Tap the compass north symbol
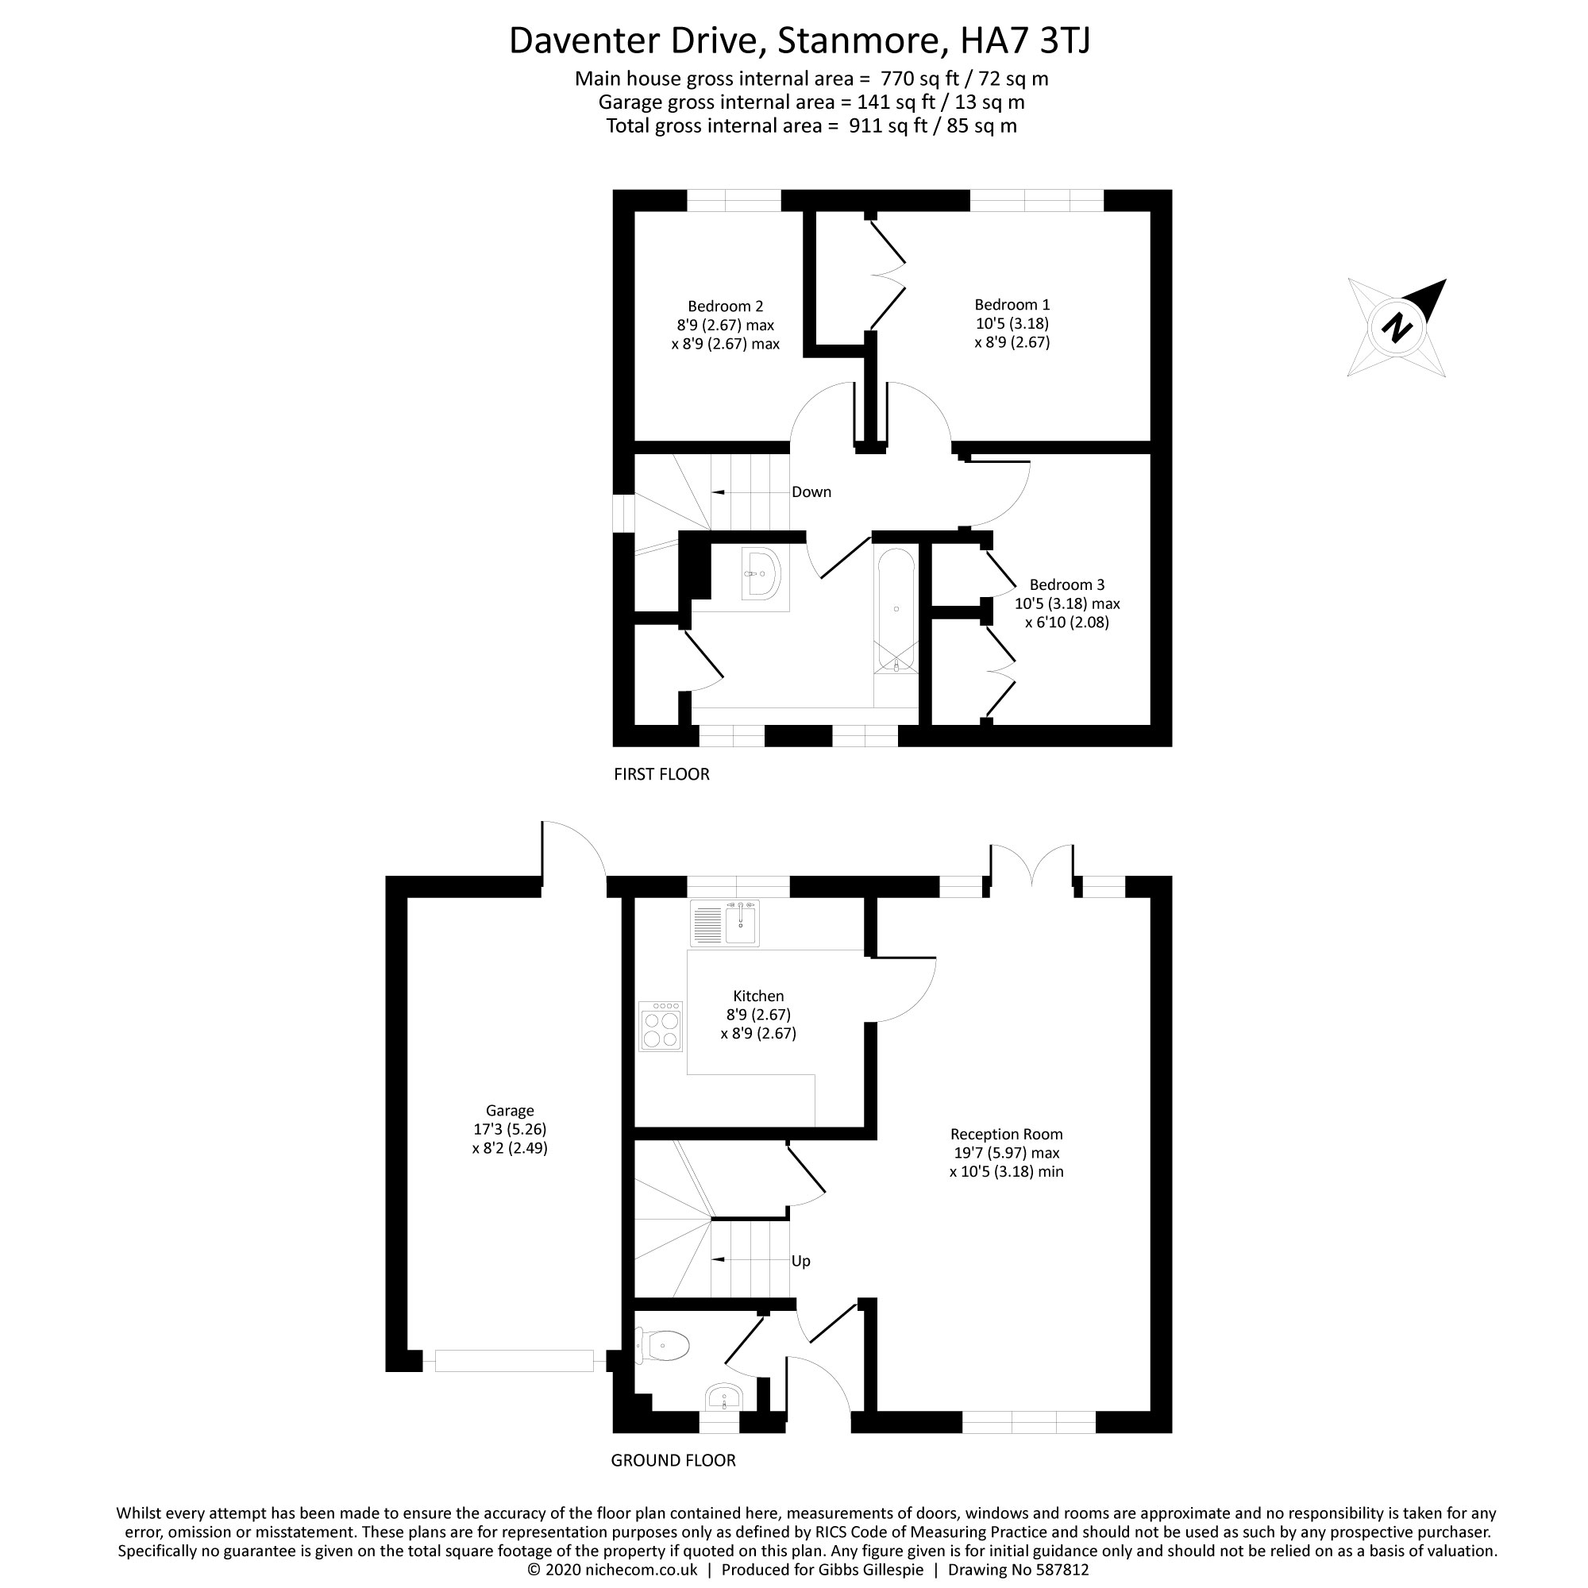tap(1397, 328)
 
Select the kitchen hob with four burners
tap(661, 1026)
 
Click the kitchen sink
tap(726, 923)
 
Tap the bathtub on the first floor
tap(896, 610)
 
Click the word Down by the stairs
tap(811, 492)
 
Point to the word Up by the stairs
tap(800, 1261)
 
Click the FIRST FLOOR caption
tap(661, 774)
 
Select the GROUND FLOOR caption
tap(673, 1461)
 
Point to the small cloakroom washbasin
tap(724, 1397)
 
